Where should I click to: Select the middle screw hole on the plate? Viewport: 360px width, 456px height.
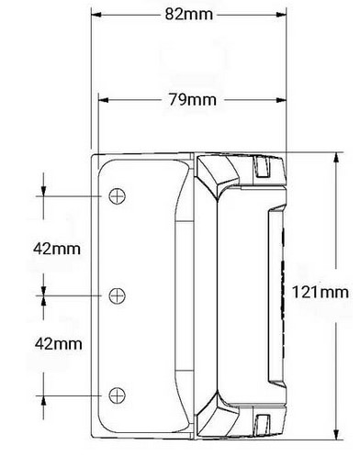(x=117, y=295)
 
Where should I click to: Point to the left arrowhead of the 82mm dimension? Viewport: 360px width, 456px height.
(x=96, y=15)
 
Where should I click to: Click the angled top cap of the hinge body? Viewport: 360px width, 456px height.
(x=218, y=172)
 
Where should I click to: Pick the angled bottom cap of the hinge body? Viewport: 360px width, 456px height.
(x=218, y=415)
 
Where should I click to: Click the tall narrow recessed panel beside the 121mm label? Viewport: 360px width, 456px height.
(x=274, y=295)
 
